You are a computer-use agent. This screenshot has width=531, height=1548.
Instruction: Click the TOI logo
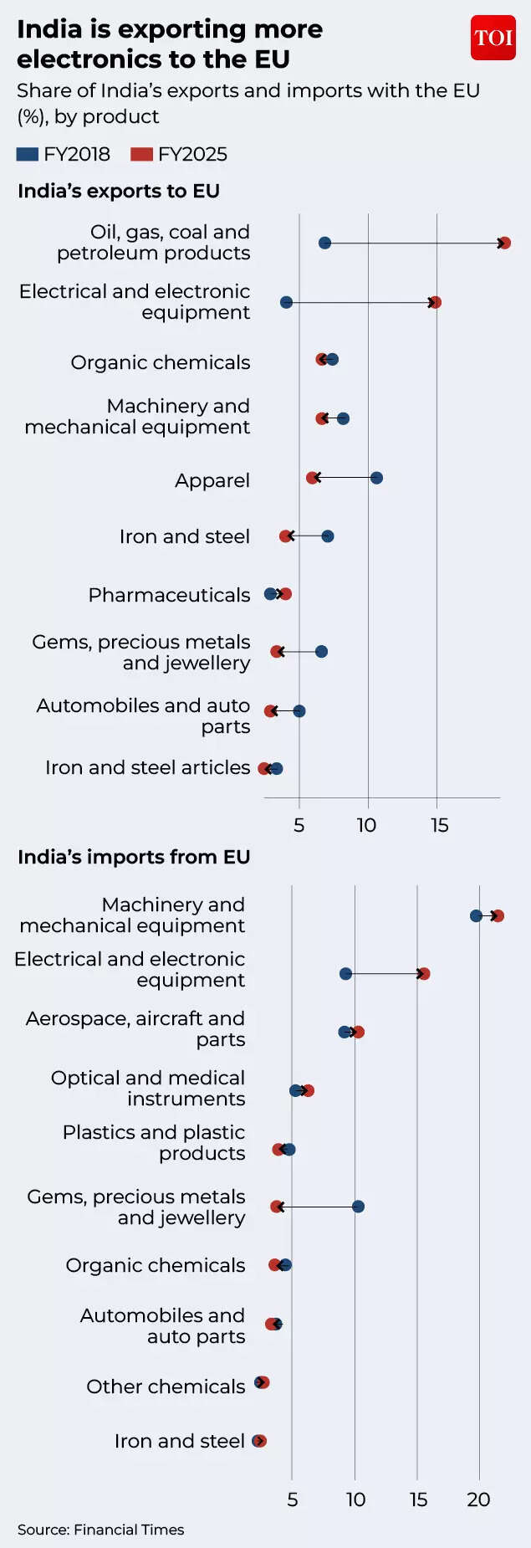pos(493,38)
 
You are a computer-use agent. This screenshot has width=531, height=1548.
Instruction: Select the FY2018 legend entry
pos(64,154)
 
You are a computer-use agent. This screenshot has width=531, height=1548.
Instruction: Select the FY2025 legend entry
pos(179,154)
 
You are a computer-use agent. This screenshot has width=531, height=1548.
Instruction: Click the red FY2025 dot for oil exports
pos(504,243)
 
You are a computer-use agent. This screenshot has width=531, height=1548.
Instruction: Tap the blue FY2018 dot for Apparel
pos(376,478)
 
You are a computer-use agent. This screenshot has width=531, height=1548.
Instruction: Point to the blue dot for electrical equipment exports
pos(286,302)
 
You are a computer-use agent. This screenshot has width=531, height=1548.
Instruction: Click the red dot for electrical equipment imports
pos(424,974)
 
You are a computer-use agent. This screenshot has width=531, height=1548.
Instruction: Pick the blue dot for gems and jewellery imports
pos(358,1207)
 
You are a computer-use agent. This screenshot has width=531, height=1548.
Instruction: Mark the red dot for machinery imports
pos(498,916)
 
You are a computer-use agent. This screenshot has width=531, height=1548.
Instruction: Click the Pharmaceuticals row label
pos(169,595)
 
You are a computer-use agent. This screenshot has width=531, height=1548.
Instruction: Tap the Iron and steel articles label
pos(147,767)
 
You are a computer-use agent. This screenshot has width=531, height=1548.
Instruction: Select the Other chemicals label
pos(166,1387)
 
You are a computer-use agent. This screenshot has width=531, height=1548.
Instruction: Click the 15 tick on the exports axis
pos(439,825)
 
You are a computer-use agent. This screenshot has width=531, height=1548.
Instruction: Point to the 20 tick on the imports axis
pos(478,1499)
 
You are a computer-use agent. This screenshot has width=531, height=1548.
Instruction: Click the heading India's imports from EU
pos(134,857)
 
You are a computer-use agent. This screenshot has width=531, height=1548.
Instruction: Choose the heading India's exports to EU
pos(119,191)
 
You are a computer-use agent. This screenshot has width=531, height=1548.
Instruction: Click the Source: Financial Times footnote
pos(100,1530)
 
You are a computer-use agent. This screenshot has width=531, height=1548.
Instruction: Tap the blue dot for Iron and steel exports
pos(328,536)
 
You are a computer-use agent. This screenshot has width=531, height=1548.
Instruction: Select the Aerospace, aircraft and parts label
pos(135,1028)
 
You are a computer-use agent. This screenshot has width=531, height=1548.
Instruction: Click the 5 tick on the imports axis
pos(292,1499)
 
